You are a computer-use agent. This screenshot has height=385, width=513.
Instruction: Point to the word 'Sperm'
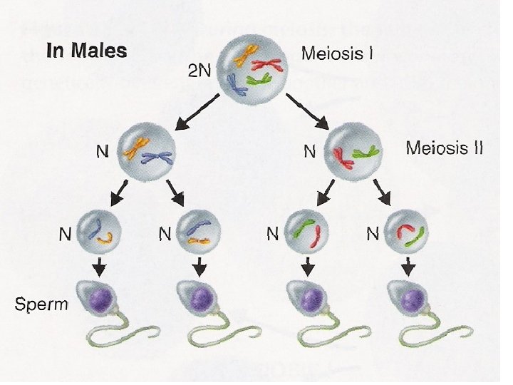point(41,304)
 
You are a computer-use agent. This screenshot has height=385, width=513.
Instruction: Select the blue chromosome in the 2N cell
point(237,83)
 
